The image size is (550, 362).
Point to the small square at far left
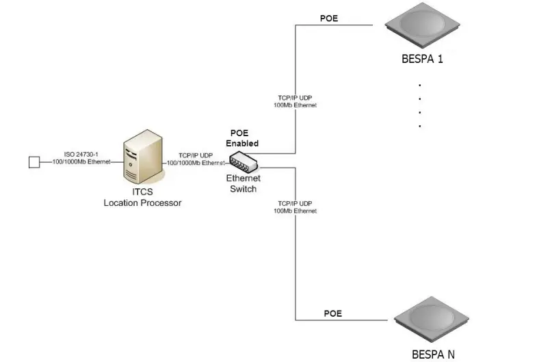pos(33,162)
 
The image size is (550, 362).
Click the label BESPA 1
pos(422,59)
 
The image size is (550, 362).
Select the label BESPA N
pos(432,354)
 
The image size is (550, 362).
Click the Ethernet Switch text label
pos(243,183)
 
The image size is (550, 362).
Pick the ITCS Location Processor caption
pos(142,198)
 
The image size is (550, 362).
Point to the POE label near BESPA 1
pos(330,18)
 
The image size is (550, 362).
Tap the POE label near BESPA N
pos(332,313)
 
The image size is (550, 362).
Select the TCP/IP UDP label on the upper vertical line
pos(295,99)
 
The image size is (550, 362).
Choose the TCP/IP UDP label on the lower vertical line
pos(295,204)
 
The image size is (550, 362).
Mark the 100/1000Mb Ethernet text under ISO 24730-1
pos(82,162)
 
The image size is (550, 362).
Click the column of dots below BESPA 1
pos(419,105)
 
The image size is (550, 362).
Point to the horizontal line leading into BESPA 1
pos(335,25)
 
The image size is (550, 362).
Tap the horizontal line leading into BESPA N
pos(342,320)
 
